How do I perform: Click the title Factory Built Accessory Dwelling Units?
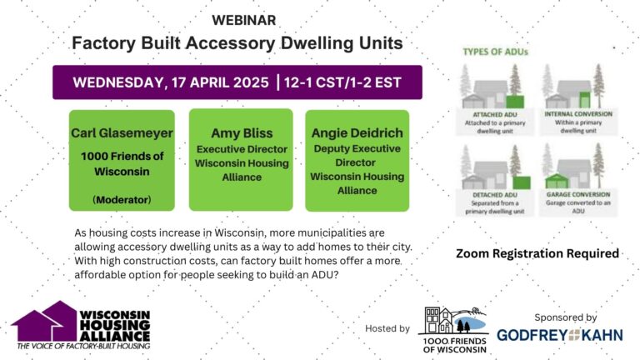(x=237, y=42)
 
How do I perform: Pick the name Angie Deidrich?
(x=357, y=134)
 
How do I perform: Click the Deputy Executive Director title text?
(x=357, y=155)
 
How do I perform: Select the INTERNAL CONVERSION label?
(x=578, y=114)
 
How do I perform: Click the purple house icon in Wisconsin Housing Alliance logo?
(x=42, y=321)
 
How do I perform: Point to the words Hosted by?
(x=387, y=328)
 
